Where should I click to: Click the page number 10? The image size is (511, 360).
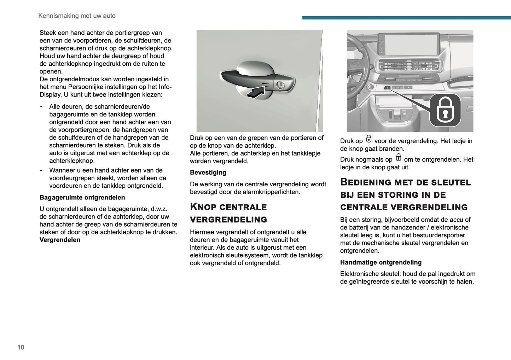(21, 347)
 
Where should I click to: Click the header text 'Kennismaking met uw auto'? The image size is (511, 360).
(77, 16)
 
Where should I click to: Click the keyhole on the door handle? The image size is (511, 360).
(280, 85)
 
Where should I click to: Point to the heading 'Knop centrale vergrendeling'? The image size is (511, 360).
(228, 213)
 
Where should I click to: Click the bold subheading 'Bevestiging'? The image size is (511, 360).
(208, 173)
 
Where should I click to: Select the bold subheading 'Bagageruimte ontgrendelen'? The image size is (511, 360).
(82, 197)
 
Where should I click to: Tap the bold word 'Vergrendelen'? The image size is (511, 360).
(60, 240)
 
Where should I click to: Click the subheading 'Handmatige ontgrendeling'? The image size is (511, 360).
(381, 262)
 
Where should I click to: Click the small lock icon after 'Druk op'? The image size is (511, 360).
(368, 139)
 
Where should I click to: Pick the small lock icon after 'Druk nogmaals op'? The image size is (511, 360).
(398, 158)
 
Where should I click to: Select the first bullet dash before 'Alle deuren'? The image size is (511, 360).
(41, 106)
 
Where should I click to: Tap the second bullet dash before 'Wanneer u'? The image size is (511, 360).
(41, 170)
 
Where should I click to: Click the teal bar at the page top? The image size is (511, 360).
(406, 18)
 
